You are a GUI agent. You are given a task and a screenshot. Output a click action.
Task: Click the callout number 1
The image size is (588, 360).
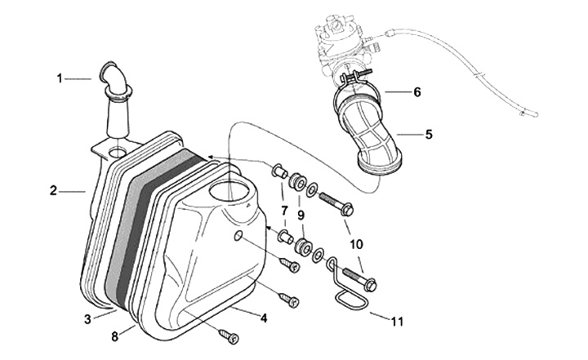tap(60, 78)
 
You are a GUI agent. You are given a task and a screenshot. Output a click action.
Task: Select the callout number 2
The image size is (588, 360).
tap(53, 191)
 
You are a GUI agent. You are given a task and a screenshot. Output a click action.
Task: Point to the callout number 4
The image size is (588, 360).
tap(265, 317)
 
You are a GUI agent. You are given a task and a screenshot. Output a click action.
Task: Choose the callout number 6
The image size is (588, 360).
tap(416, 92)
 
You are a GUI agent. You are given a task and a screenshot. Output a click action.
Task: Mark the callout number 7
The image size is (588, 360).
tap(284, 211)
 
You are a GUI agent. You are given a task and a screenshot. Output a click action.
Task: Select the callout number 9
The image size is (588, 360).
tap(301, 216)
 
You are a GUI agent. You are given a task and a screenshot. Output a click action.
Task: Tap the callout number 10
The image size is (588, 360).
tap(357, 244)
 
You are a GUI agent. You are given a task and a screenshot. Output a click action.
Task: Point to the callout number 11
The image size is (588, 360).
tap(397, 322)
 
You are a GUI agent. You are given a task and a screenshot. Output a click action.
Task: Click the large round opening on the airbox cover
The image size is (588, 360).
tap(233, 192)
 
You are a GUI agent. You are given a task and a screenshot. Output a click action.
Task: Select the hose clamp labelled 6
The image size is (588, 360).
tap(360, 84)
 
